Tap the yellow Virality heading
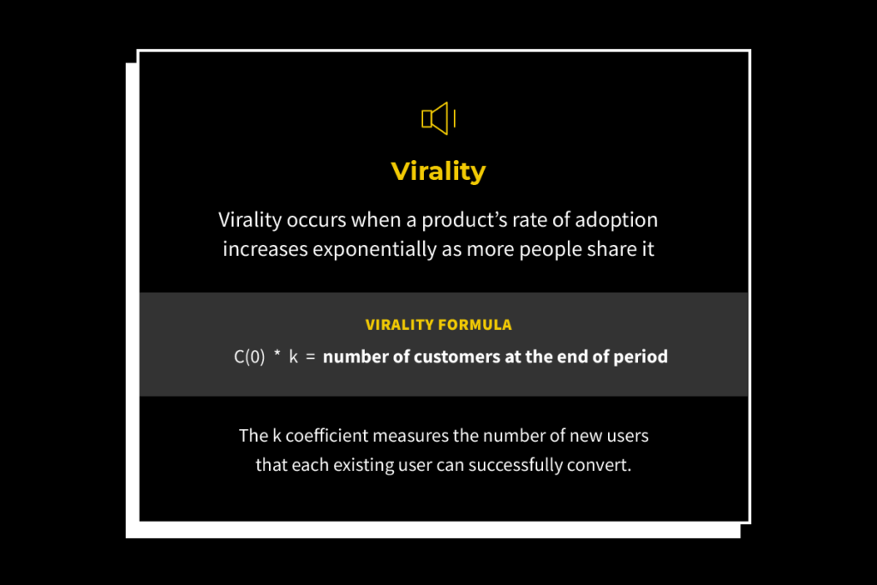438,171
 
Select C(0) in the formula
249,357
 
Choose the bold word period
641,357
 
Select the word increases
262,249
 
